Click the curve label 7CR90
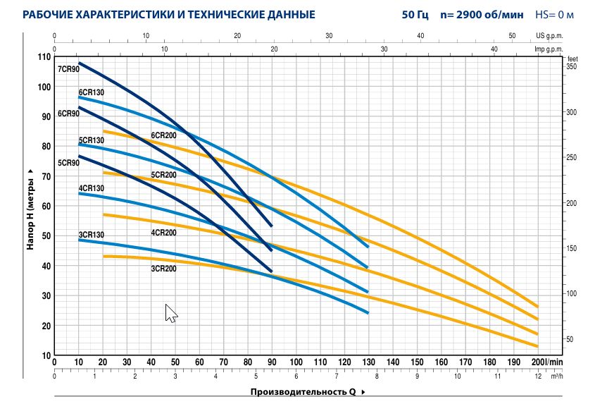[x=68, y=69]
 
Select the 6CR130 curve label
[x=91, y=92]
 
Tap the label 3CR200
[x=163, y=269]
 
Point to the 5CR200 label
[x=163, y=175]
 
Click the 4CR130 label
[x=91, y=188]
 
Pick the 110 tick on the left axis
[x=44, y=56]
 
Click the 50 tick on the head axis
[x=46, y=236]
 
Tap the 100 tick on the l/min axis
[x=296, y=362]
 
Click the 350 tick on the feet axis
[x=571, y=67]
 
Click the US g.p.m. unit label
[x=550, y=35]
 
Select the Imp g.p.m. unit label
[x=549, y=49]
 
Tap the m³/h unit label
[x=557, y=376]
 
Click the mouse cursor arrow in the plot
[x=170, y=312]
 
